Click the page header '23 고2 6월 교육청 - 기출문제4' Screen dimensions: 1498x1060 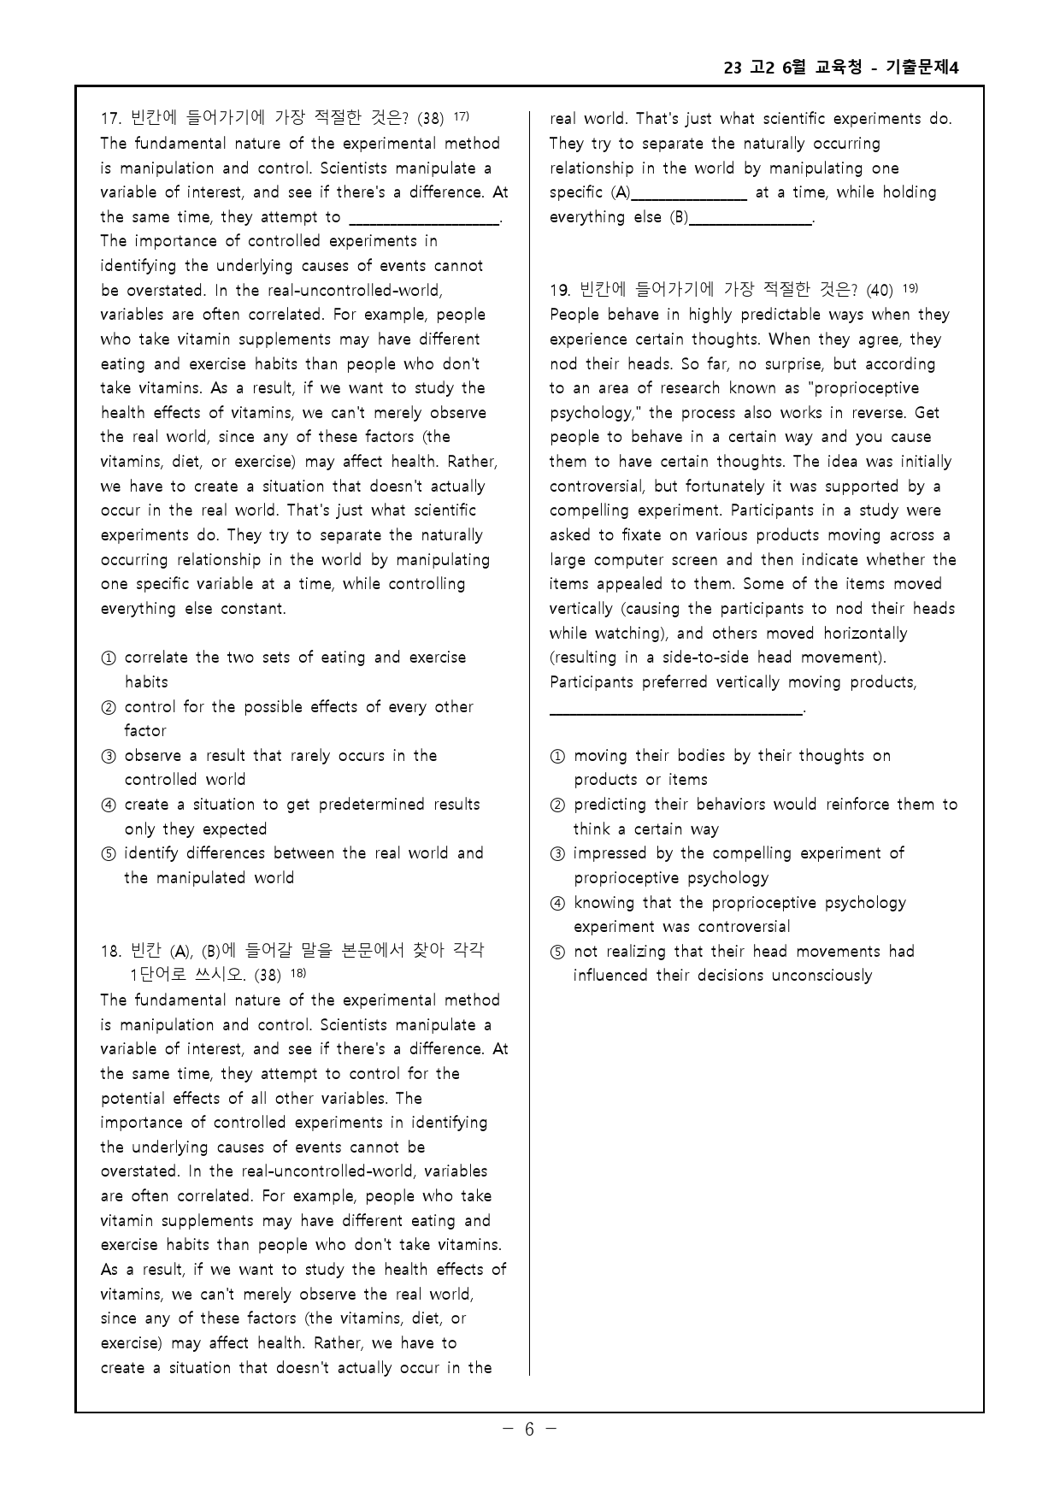coord(841,68)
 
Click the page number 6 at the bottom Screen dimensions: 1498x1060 coord(529,1429)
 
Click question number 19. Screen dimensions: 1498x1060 coord(561,290)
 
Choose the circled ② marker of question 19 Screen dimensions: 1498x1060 coord(557,805)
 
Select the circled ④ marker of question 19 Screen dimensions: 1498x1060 coord(557,904)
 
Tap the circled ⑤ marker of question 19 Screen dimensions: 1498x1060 coord(557,952)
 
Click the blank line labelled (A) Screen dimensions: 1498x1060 coord(689,198)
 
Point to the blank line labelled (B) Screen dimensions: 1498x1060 coord(751,222)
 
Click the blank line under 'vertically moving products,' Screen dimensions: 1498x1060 coord(675,711)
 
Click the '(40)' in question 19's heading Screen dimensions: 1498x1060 coord(880,291)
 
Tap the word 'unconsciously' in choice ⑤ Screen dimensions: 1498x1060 coord(821,976)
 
